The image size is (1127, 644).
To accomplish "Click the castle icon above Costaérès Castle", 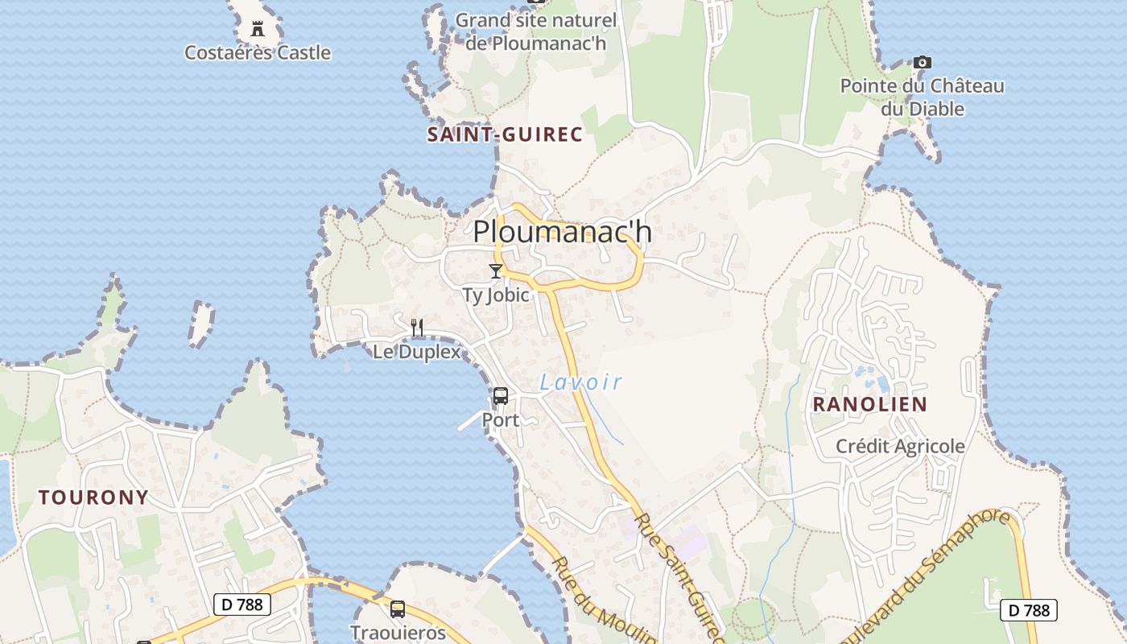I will (x=258, y=29).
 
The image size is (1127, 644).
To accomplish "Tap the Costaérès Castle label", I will (x=258, y=53).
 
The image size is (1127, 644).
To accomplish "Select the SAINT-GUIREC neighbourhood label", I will (x=505, y=134).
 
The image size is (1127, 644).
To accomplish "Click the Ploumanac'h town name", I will (x=562, y=232).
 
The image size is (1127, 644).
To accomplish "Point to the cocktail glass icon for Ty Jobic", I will (x=496, y=271).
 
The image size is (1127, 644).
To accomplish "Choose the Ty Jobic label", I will (x=496, y=295).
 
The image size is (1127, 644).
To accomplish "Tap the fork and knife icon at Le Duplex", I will (x=417, y=327).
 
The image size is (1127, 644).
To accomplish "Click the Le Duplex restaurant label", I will (x=417, y=352).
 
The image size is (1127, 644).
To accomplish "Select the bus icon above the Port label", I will (x=501, y=396).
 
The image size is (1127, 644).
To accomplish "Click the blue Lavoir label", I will (x=581, y=382).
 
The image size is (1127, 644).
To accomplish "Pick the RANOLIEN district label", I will (x=869, y=404).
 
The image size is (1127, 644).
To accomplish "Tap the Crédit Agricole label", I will (x=900, y=446).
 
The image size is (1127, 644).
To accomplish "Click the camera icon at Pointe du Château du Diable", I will (x=923, y=62).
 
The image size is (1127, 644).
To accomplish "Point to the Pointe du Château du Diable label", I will (x=923, y=97).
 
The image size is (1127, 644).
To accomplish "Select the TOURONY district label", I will (x=94, y=497).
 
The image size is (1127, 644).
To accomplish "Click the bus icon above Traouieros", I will (x=398, y=609).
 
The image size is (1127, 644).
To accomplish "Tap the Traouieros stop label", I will (x=398, y=633).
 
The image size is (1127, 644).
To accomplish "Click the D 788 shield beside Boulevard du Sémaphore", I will (x=1028, y=610).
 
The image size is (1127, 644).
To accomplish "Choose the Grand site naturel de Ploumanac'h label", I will (x=536, y=31).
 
